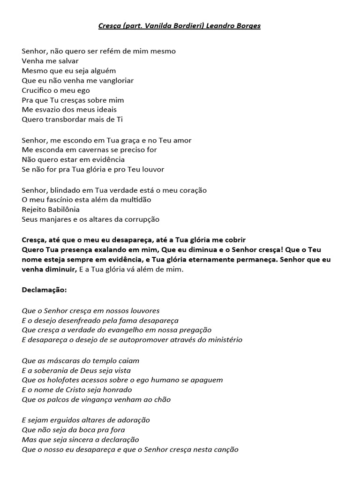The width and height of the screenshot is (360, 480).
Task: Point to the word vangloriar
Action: [112, 80]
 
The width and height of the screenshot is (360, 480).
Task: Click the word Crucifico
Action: [39, 90]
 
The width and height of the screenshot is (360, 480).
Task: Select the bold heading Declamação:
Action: [45, 290]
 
